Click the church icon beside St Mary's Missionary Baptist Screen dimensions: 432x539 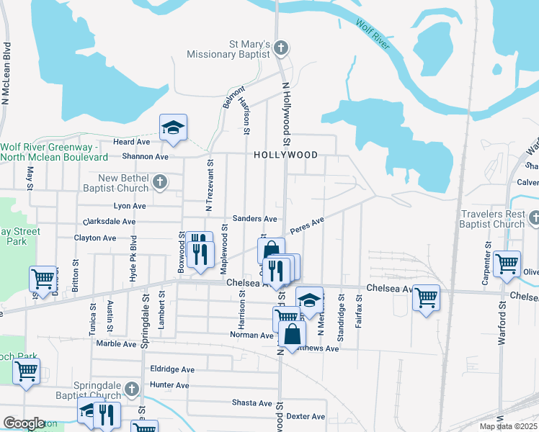[282, 49]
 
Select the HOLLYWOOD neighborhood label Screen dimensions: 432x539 [285, 155]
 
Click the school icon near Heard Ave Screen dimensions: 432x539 [173, 127]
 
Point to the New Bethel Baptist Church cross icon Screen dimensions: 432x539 [160, 183]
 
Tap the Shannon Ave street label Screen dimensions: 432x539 [145, 156]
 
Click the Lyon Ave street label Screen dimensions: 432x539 [130, 206]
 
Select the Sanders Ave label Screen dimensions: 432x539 [254, 219]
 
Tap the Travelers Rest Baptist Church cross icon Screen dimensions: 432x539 [533, 217]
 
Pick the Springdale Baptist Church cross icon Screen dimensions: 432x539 [131, 390]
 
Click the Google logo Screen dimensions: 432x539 [24, 423]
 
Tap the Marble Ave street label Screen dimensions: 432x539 [117, 344]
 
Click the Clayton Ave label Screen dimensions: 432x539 [95, 238]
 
